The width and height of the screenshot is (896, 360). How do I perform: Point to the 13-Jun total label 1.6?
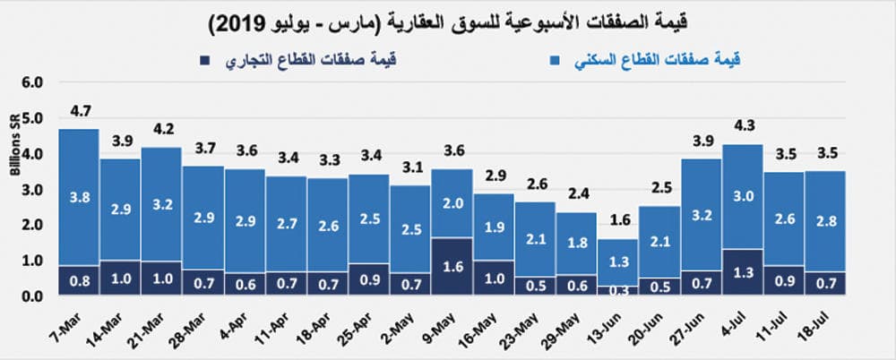[x=617, y=222]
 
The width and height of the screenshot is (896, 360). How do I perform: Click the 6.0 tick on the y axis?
[x=32, y=81]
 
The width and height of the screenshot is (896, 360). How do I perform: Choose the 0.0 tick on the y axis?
[x=32, y=296]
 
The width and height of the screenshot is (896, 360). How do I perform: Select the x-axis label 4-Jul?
[x=740, y=320]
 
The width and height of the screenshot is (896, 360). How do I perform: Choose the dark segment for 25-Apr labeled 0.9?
[x=368, y=279]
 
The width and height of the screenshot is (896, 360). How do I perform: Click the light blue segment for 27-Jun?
[x=700, y=215]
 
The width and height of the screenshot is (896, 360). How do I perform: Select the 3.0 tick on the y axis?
[x=32, y=189]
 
